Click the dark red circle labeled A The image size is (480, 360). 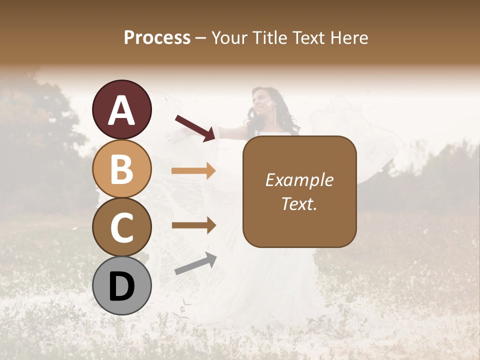122,110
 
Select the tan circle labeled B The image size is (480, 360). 122,168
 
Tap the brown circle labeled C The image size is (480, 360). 122,227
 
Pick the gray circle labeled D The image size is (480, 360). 122,285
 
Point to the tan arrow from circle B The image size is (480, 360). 193,171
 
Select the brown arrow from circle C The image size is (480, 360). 193,225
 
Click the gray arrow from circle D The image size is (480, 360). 195,264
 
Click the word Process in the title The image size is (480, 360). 157,37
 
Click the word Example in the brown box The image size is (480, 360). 299,180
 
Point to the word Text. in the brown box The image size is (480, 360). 299,203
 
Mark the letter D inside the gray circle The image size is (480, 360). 122,286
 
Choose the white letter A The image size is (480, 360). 122,110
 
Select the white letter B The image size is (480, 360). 122,169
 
